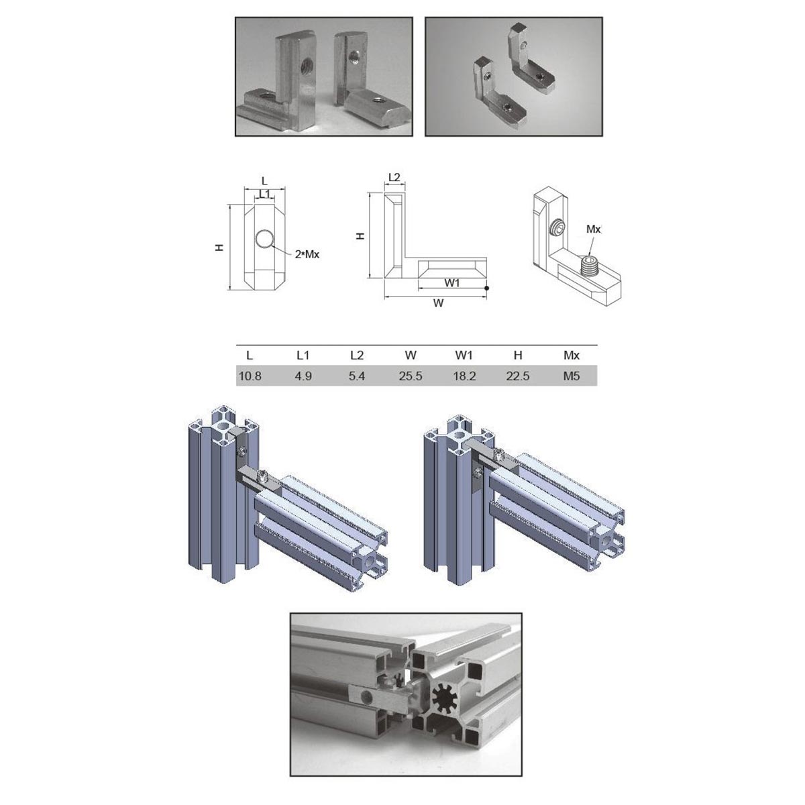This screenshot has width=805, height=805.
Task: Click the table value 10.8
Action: click(x=250, y=376)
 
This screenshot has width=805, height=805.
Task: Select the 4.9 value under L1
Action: click(x=303, y=376)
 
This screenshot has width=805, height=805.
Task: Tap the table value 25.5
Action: click(x=411, y=376)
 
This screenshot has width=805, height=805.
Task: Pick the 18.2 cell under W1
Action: click(x=464, y=376)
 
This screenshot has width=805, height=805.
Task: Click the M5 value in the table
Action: click(x=571, y=376)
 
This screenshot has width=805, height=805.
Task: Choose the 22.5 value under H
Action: click(x=518, y=376)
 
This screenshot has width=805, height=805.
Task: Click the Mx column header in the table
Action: click(x=571, y=355)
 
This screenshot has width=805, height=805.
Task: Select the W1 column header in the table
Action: click(x=464, y=355)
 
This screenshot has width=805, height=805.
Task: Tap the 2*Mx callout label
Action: click(x=307, y=254)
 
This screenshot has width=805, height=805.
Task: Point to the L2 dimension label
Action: click(x=394, y=177)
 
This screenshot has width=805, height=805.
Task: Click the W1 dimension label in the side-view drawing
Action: click(x=452, y=283)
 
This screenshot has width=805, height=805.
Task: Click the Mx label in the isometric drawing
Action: click(x=593, y=229)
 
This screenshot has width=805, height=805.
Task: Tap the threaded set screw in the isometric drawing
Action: click(x=590, y=266)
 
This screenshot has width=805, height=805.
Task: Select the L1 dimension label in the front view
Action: click(x=264, y=194)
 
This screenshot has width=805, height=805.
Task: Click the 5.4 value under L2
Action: click(x=357, y=376)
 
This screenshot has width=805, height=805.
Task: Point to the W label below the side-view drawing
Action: click(x=438, y=303)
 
